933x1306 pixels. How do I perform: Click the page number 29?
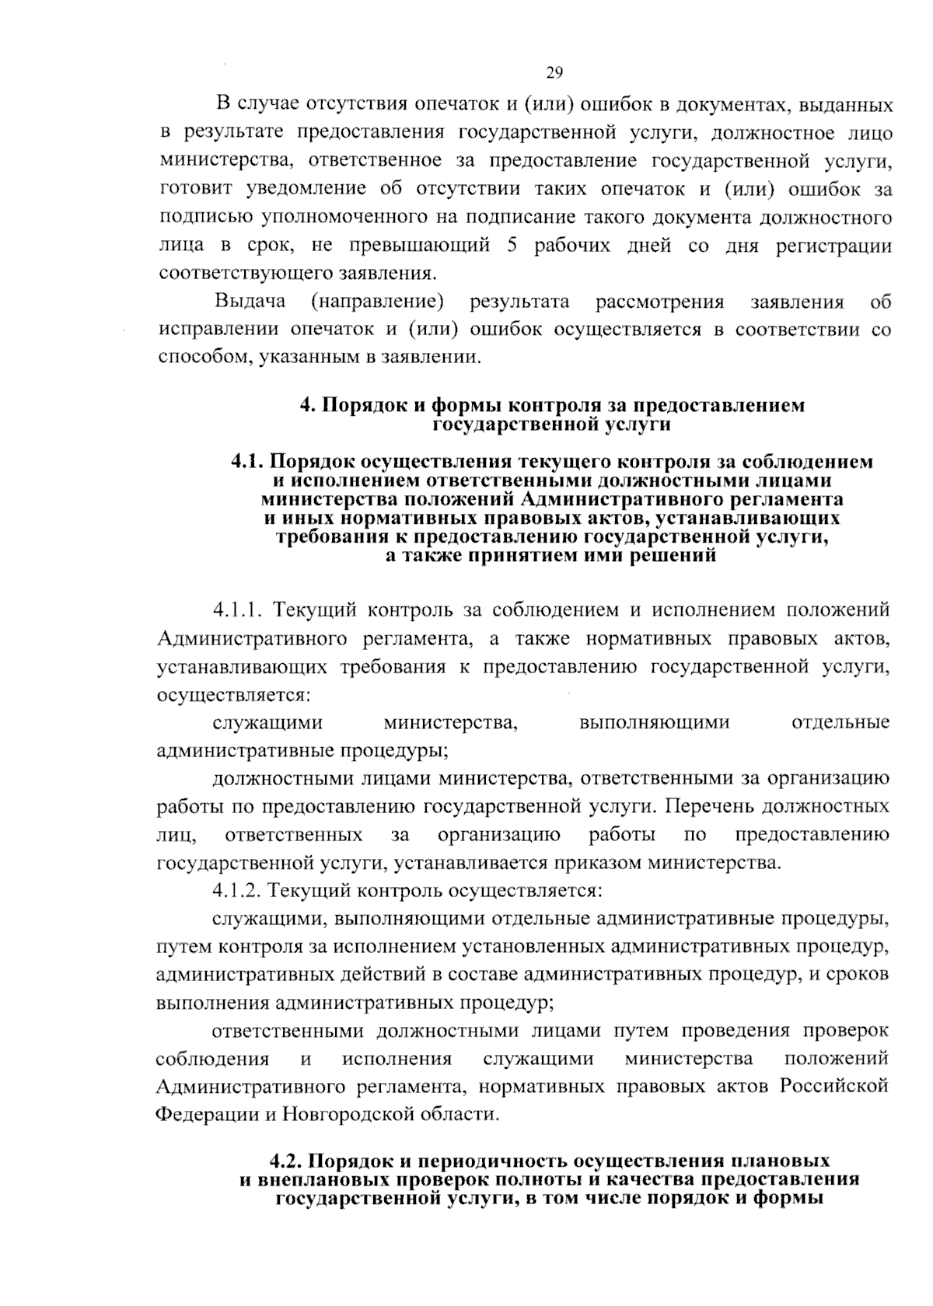tap(554, 74)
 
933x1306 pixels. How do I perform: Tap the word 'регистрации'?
tap(833, 246)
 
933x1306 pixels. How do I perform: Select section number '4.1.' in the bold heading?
tap(249, 462)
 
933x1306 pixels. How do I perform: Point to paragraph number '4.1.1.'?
tap(236, 610)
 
